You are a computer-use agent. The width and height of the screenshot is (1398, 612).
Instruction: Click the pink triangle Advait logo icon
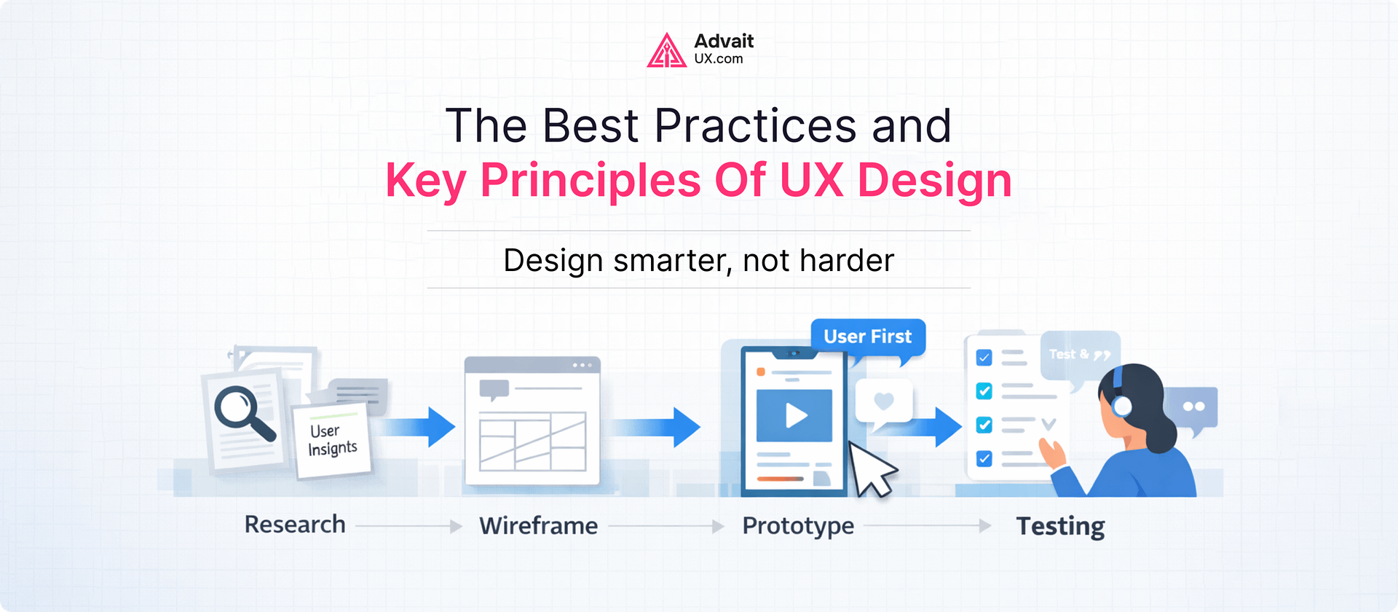(666, 51)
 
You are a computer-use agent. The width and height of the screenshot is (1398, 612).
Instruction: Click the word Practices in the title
(755, 126)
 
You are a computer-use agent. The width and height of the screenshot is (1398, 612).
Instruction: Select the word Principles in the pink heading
(590, 180)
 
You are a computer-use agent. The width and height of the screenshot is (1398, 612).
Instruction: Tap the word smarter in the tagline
(671, 260)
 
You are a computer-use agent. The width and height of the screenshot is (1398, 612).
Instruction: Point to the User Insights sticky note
(332, 440)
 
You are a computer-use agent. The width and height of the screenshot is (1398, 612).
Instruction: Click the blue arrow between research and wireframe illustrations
(422, 426)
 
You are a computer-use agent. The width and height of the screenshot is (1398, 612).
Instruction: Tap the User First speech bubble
(867, 337)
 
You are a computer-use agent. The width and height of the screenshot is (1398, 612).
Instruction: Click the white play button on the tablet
(795, 415)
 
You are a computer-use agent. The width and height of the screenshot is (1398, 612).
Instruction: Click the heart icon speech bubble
(883, 401)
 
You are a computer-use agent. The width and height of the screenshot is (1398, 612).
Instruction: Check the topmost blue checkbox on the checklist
(984, 358)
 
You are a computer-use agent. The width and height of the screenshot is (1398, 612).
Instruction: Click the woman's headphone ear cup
(1122, 406)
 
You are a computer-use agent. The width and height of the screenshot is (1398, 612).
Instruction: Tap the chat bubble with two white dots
(1193, 407)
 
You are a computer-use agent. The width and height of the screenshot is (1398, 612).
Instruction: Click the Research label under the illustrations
(295, 525)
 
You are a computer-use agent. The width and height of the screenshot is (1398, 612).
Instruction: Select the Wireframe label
(538, 526)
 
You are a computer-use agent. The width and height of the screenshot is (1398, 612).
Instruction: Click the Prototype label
(798, 526)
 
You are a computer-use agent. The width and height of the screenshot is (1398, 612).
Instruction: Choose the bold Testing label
(1060, 526)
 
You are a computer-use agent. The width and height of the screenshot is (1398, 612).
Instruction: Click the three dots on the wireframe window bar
(582, 365)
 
